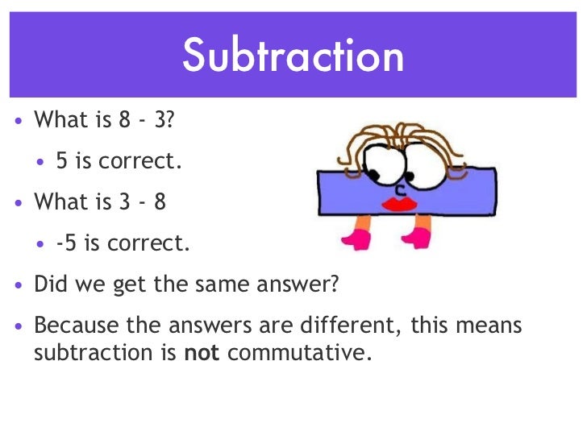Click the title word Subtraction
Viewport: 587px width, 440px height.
293,56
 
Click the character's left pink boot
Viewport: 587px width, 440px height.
355,239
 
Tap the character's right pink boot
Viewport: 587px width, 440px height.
418,238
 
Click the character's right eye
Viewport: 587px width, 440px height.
418,165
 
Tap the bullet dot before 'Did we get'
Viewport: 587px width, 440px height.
19,285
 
